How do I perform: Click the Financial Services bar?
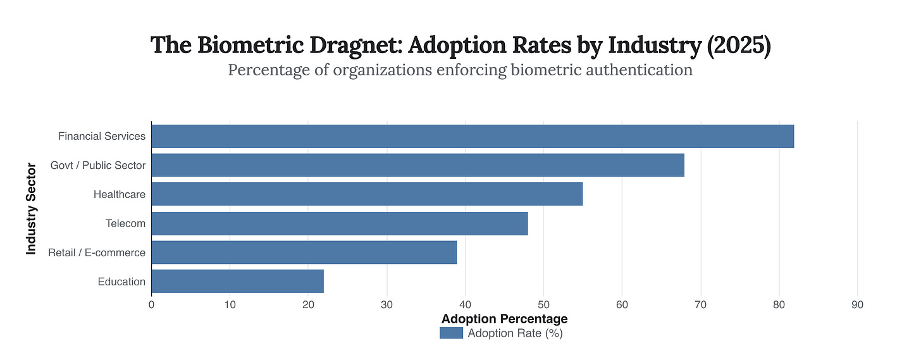(x=473, y=136)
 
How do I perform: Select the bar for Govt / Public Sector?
(x=417, y=165)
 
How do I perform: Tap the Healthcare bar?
(x=367, y=194)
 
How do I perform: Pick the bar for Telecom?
(x=339, y=223)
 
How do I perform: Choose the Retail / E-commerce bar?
(x=304, y=252)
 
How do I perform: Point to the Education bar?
(x=237, y=282)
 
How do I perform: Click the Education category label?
(x=121, y=282)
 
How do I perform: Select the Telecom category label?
(x=125, y=223)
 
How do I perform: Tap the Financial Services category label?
(x=102, y=136)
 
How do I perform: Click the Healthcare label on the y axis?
(x=120, y=194)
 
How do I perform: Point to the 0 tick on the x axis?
(x=151, y=305)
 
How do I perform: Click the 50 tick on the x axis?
(x=543, y=305)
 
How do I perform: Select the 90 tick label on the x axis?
(x=857, y=305)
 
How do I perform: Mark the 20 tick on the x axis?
(x=308, y=305)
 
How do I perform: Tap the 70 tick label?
(x=700, y=305)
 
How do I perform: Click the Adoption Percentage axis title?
(x=504, y=318)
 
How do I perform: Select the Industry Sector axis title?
(x=31, y=209)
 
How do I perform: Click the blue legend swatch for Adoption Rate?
(x=451, y=333)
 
